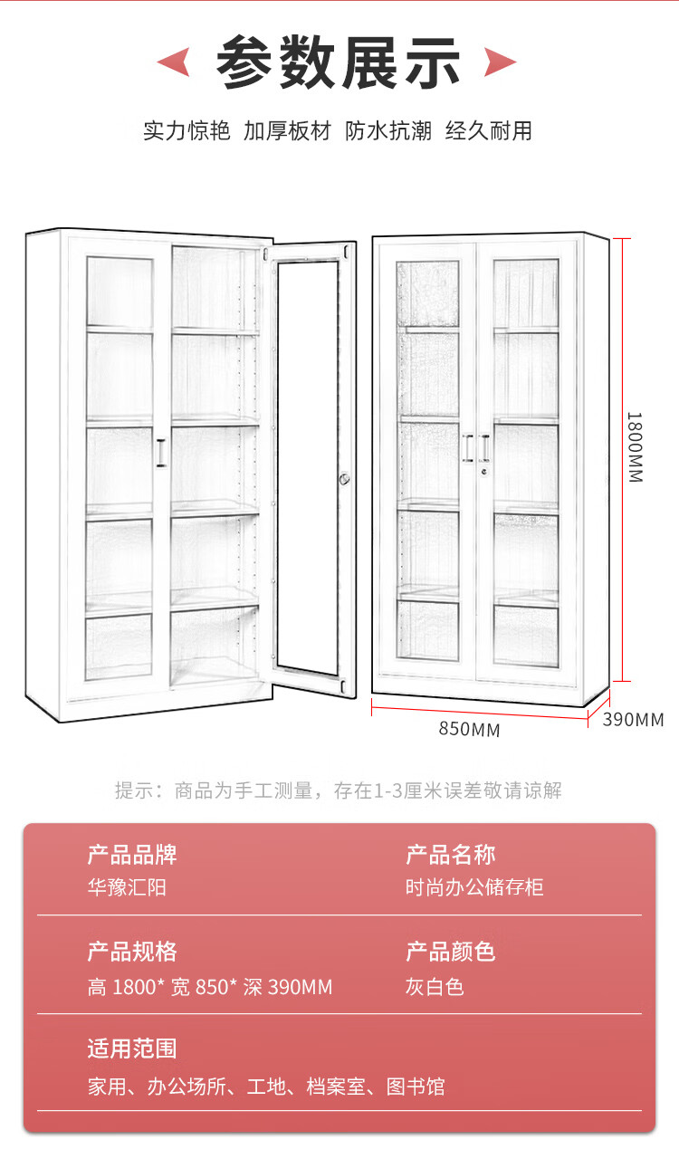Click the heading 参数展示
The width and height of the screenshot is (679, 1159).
[x=339, y=62]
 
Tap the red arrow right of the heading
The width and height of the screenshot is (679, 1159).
[x=500, y=62]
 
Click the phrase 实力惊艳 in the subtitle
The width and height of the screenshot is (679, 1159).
[x=186, y=130]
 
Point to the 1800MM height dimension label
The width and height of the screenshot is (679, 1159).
[x=634, y=447]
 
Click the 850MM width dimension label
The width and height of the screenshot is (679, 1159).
[x=469, y=729]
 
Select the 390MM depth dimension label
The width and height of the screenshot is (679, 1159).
[x=633, y=720]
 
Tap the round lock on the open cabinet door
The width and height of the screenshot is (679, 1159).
[x=345, y=479]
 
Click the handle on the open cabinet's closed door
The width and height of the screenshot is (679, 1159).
[x=161, y=453]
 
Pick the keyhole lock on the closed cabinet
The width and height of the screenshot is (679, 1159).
[x=484, y=470]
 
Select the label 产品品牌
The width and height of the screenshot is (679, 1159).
[x=132, y=854]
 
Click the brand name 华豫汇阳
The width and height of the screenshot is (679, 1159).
[x=127, y=887]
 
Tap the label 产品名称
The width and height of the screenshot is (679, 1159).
[x=450, y=854]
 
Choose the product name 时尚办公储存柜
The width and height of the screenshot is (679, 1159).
[x=474, y=887]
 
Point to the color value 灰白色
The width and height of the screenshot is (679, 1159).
[x=435, y=986]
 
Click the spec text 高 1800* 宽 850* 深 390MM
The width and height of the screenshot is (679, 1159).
[x=210, y=986]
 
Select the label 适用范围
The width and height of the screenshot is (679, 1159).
[x=132, y=1049]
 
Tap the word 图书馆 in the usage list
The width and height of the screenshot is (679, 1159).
[x=416, y=1086]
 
